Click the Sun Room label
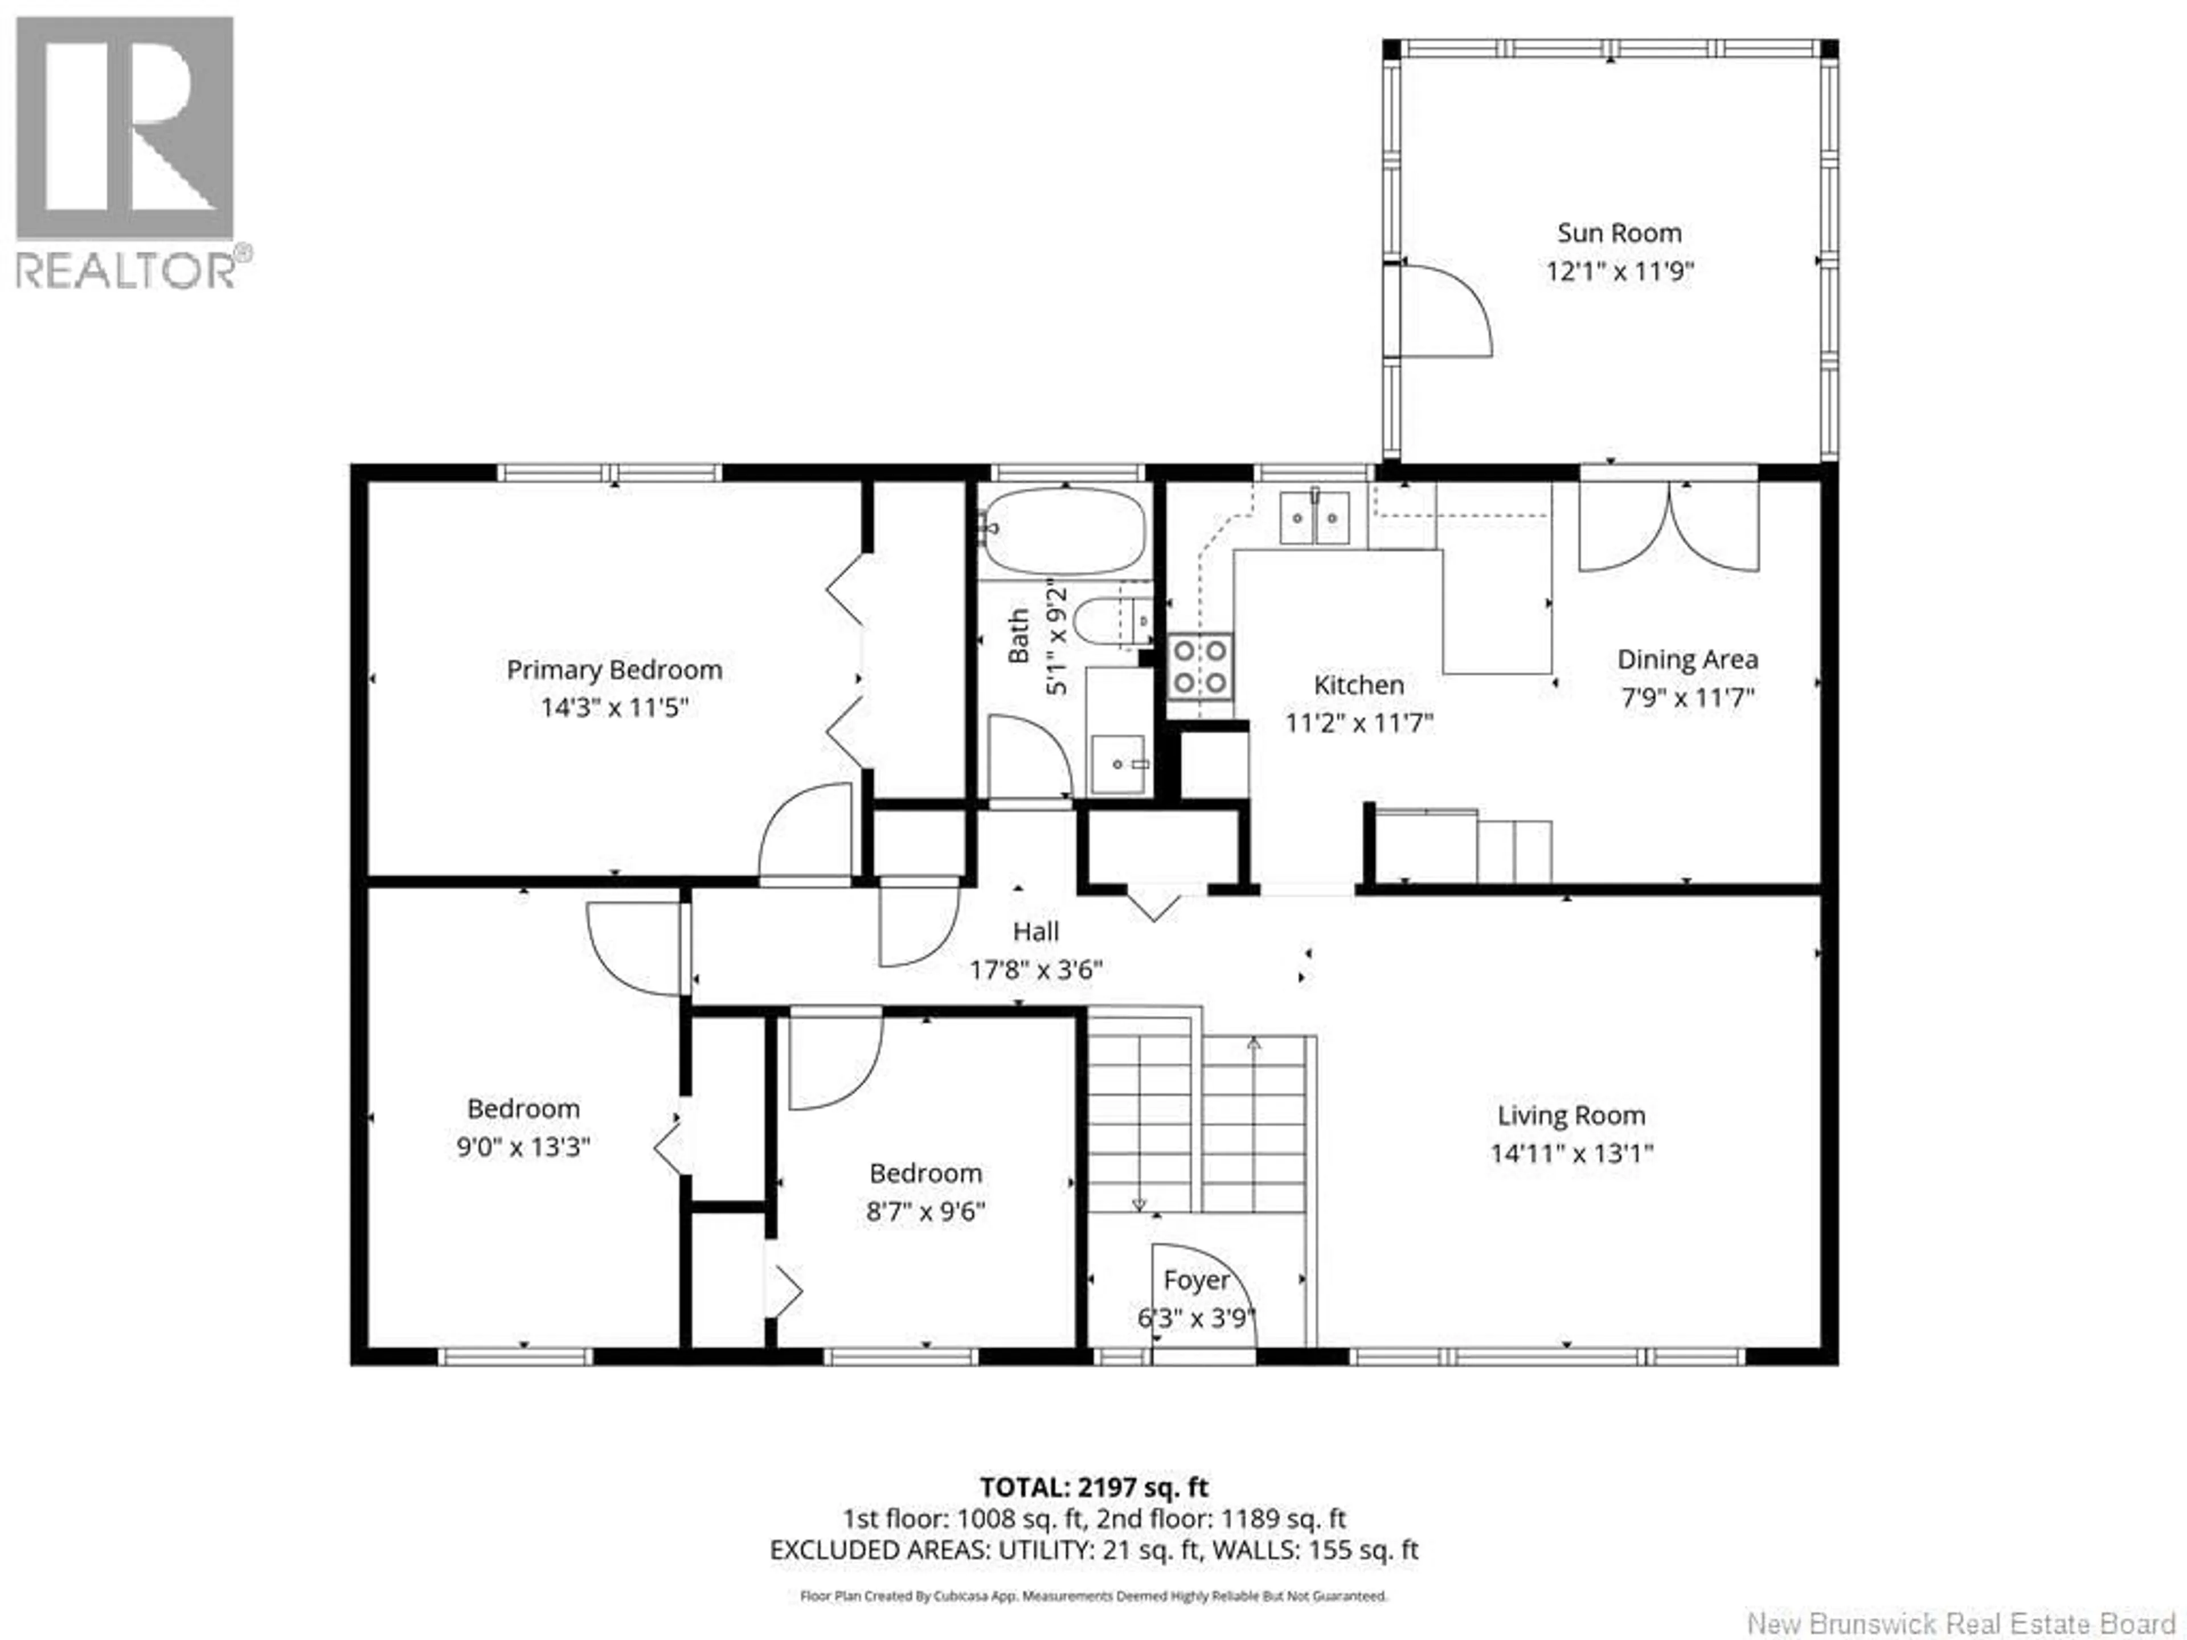click(1619, 233)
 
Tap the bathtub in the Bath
click(1065, 531)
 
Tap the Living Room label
click(1571, 1116)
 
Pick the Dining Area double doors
click(1669, 527)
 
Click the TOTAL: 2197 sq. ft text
click(1093, 1515)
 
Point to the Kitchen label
click(1358, 685)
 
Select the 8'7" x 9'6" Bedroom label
click(925, 1174)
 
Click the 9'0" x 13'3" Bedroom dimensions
click(523, 1147)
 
